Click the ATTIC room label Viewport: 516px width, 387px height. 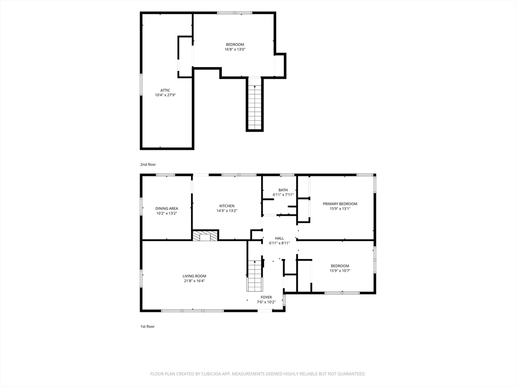click(165, 90)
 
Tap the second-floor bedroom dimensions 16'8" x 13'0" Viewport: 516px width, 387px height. click(235, 49)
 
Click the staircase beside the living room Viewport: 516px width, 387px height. click(254, 276)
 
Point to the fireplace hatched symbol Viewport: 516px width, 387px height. click(206, 236)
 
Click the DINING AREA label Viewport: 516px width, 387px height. click(166, 208)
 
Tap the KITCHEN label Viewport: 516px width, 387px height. click(227, 206)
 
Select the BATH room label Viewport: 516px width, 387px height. click(283, 190)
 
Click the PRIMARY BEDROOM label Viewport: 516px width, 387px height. click(340, 204)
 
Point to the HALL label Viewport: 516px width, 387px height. click(279, 238)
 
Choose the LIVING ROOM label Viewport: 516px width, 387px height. click(195, 276)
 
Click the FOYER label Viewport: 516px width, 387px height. click(266, 297)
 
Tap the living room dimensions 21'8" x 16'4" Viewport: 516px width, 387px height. click(195, 281)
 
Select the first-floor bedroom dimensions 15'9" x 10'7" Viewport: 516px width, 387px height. click(340, 271)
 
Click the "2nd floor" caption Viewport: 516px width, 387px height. click(148, 165)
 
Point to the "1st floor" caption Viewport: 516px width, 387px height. click(148, 327)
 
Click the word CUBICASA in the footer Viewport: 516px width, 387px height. click(213, 374)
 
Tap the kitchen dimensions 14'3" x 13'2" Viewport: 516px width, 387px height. click(227, 211)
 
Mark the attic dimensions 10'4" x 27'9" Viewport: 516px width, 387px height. click(165, 95)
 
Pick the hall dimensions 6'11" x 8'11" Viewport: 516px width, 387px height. click(279, 243)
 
